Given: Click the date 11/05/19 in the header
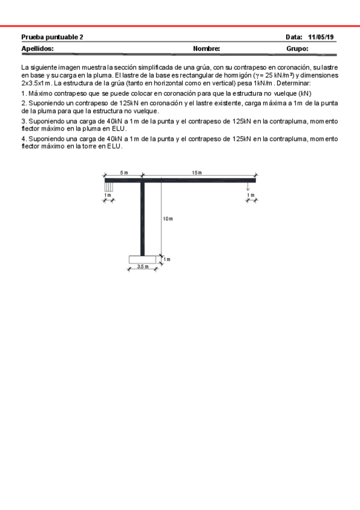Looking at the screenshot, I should (x=322, y=37).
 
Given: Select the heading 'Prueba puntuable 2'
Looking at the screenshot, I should (x=52, y=37).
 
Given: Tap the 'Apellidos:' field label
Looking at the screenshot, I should (x=37, y=48).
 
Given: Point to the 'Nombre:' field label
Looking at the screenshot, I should (x=206, y=48).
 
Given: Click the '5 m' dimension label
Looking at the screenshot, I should (x=124, y=173).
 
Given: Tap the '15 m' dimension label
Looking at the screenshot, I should (x=197, y=173).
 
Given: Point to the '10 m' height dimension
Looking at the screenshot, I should (x=168, y=218).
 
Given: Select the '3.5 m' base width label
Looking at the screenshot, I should (x=142, y=266).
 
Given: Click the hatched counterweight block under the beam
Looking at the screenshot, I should (x=108, y=187).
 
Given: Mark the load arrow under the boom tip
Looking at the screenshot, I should (x=248, y=187).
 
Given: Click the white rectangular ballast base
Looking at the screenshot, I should (x=142, y=259).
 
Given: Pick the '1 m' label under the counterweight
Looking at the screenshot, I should (x=108, y=195).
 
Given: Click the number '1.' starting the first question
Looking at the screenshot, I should (x=23, y=94).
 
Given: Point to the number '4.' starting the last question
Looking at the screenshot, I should (x=23, y=139).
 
